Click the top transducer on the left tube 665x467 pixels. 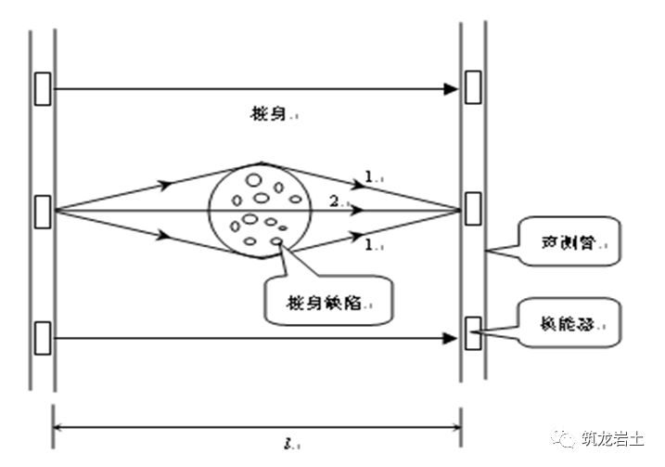pyautogui.click(x=43, y=88)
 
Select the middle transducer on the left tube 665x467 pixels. pyautogui.click(x=43, y=211)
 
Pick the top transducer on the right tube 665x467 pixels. pyautogui.click(x=473, y=86)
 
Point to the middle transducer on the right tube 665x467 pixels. pyautogui.click(x=473, y=208)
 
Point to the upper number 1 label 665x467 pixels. pyautogui.click(x=369, y=174)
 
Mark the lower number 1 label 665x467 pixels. pyautogui.click(x=370, y=247)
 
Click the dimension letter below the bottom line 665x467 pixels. pyautogui.click(x=263, y=444)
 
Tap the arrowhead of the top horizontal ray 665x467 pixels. pyautogui.click(x=452, y=89)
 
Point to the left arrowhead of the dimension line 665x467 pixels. pyautogui.click(x=59, y=426)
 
